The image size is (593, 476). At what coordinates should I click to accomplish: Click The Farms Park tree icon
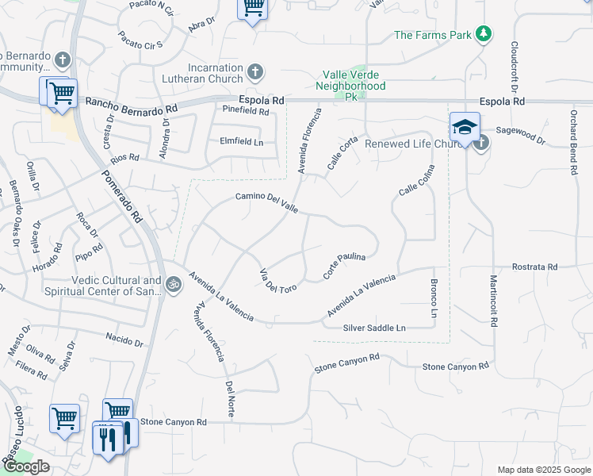point(484,34)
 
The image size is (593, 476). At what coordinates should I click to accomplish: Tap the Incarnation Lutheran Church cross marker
point(254,73)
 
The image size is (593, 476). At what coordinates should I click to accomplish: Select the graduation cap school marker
point(465,127)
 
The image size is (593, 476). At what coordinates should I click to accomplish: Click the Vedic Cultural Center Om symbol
point(174,282)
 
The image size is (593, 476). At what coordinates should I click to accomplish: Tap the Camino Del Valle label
point(266,202)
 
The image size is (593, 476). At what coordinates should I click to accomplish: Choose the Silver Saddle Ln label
point(374,328)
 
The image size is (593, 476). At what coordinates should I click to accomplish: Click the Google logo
point(26,466)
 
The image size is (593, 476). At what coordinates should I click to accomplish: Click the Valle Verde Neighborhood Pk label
point(350,79)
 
